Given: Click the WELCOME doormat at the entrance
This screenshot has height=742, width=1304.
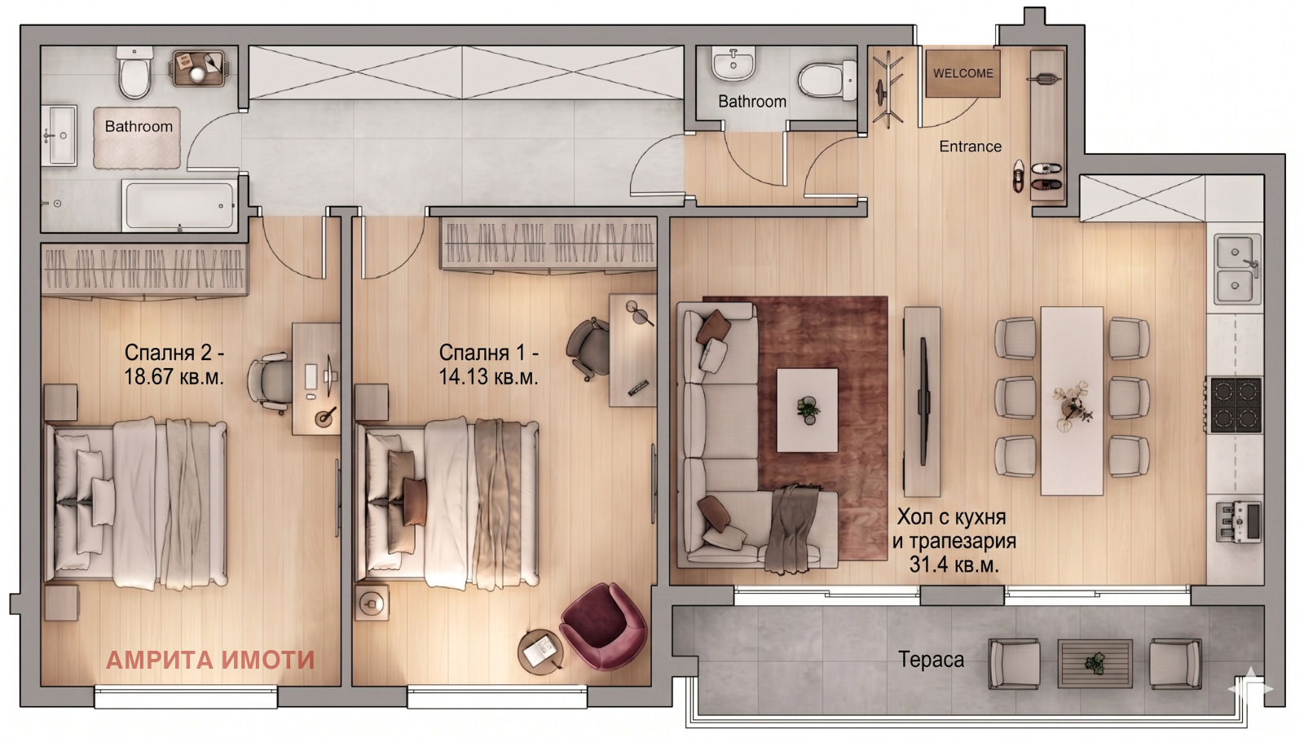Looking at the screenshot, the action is [963, 73].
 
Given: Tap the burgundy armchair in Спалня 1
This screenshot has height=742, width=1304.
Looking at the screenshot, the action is [604, 626].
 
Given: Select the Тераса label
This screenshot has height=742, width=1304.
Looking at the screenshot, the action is [931, 660].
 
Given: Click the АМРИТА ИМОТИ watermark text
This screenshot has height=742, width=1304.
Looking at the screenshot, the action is [210, 660].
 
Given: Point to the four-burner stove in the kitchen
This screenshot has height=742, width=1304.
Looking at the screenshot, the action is [1236, 405].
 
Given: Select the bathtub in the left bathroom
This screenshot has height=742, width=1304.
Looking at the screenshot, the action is [179, 205].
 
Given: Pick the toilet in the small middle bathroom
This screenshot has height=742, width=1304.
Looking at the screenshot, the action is [827, 80].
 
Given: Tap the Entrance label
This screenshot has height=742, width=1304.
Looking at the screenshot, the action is [971, 147].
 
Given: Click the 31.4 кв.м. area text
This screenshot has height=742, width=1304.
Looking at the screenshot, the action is [954, 564].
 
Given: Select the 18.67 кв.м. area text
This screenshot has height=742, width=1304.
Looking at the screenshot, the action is [174, 377].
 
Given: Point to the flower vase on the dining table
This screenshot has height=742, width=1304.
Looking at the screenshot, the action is [1070, 406].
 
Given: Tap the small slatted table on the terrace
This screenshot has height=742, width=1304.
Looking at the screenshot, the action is [1095, 664].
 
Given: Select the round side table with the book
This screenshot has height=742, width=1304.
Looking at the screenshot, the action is [541, 651].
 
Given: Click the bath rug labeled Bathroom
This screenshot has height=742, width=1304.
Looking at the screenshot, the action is [138, 138].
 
